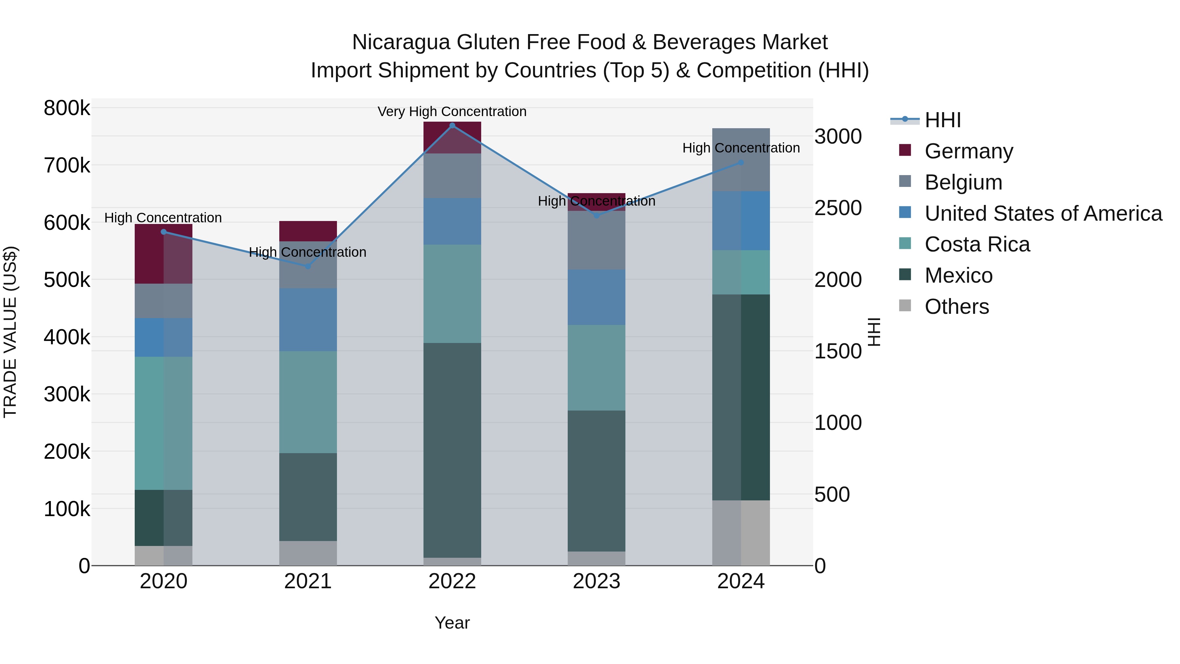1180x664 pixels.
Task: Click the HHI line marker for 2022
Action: click(x=452, y=126)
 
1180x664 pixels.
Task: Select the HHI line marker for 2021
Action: click(x=308, y=266)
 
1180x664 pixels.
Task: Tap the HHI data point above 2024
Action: click(x=741, y=163)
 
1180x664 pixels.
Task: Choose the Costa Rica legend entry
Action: click(x=977, y=244)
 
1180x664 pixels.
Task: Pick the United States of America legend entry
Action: click(x=1043, y=213)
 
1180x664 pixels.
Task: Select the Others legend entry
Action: click(x=956, y=307)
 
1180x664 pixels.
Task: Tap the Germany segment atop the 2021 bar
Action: click(x=308, y=231)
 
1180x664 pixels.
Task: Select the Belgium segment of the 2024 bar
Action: click(x=741, y=159)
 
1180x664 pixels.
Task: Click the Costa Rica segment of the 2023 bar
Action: click(x=597, y=368)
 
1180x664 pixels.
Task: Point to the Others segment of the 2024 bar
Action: click(x=741, y=533)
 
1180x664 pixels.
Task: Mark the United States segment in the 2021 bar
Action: click(x=308, y=320)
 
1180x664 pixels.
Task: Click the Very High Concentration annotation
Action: click(x=452, y=111)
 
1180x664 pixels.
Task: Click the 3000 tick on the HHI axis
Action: click(x=838, y=136)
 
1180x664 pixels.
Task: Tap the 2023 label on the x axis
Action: click(x=597, y=581)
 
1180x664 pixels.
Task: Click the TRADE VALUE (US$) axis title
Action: click(x=10, y=332)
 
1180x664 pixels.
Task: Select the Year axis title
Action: click(x=452, y=623)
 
